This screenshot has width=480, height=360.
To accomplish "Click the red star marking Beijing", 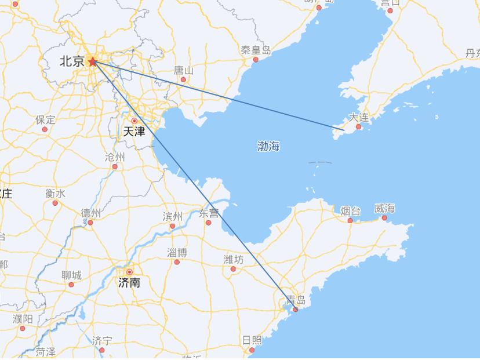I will click(92, 61).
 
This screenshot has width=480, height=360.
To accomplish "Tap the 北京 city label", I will click(72, 61).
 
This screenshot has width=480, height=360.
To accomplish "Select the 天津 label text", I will click(134, 132).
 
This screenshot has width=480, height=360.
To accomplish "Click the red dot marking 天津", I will click(134, 121).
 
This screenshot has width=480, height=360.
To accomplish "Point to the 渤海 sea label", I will click(268, 146).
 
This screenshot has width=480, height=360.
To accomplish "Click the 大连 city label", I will click(358, 118).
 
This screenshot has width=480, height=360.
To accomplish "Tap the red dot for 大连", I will click(358, 126).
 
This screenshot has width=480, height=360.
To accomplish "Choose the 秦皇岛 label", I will click(256, 50).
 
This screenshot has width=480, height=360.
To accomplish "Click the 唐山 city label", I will click(184, 70).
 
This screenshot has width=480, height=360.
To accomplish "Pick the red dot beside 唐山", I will click(183, 79).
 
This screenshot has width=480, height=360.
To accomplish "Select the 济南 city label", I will click(129, 283).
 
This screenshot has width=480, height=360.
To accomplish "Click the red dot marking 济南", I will click(129, 272).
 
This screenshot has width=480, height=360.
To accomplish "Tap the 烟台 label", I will click(350, 211).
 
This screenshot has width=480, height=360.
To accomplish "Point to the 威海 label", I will click(384, 209).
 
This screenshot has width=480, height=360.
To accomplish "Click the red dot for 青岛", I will click(295, 310).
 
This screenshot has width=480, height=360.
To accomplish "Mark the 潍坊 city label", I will click(234, 259).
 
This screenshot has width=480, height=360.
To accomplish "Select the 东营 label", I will click(209, 213).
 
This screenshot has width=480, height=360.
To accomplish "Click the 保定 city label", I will click(45, 120).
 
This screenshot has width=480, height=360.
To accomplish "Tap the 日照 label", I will click(252, 340).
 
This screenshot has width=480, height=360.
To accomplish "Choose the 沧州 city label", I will click(115, 157).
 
